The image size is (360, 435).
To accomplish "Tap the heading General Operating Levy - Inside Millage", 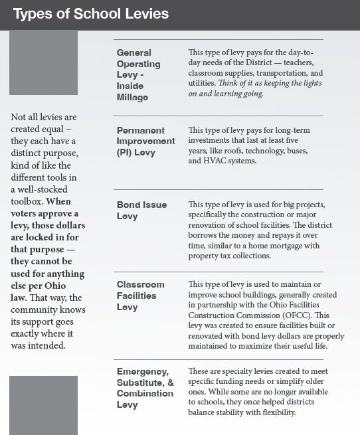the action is [x=138, y=74].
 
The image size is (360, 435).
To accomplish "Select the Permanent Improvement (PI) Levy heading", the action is [x=145, y=141].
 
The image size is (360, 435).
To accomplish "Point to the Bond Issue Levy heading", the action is [x=141, y=211].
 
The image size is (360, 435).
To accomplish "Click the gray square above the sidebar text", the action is [x=44, y=62].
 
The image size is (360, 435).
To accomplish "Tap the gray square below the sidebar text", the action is [x=44, y=405].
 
